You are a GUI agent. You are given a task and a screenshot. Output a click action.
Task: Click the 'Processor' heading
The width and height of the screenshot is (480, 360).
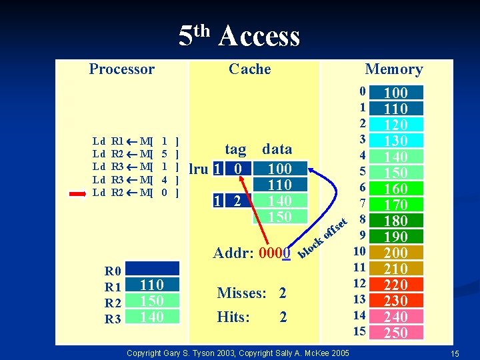121,69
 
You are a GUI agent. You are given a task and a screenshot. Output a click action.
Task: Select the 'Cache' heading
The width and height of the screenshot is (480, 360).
249,69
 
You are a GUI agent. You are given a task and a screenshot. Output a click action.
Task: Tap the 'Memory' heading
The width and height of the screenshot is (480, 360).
393,69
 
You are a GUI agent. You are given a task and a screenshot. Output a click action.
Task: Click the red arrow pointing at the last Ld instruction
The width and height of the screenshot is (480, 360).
79,193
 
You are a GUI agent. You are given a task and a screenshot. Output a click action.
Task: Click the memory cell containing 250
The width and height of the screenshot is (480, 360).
396,333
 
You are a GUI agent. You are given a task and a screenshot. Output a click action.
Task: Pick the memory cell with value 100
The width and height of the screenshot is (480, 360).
396,93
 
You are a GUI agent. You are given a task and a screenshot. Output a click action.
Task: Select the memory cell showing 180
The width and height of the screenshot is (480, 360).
396,221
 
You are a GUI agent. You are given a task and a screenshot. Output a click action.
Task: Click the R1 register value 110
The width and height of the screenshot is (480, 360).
152,285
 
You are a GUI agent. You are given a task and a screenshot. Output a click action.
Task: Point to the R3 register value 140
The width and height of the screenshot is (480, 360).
152,317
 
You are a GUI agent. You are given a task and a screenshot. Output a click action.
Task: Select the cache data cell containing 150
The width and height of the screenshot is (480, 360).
280,217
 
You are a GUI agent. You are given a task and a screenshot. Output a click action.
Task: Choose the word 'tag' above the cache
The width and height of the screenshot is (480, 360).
235,149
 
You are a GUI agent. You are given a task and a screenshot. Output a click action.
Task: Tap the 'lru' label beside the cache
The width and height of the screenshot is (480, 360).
199,169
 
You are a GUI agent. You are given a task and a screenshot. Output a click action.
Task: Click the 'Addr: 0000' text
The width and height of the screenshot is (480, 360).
251,253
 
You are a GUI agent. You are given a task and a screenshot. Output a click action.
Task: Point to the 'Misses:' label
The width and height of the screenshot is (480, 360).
241,293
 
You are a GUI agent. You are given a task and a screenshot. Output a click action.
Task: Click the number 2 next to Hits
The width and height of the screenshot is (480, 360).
283,317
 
